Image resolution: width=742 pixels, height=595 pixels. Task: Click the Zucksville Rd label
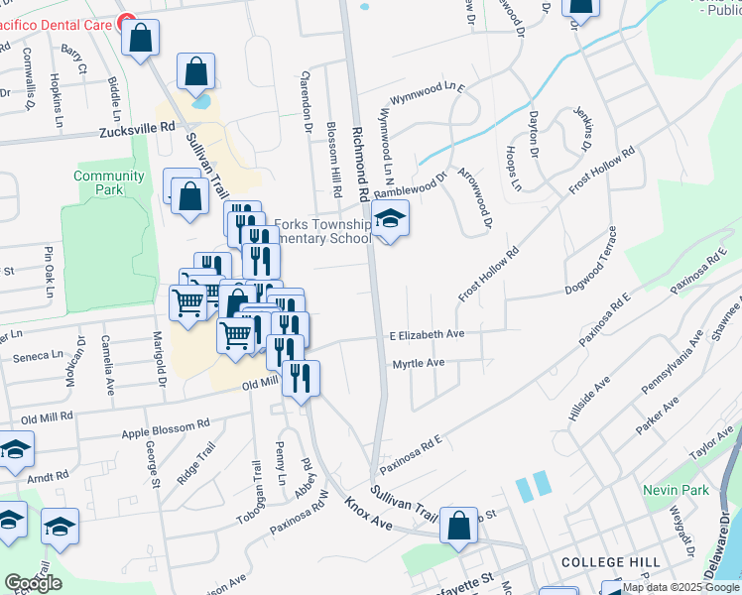pyautogui.click(x=137, y=129)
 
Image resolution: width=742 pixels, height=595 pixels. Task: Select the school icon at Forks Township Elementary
pyautogui.click(x=391, y=221)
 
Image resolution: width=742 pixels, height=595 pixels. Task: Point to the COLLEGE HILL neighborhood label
pyautogui.click(x=610, y=562)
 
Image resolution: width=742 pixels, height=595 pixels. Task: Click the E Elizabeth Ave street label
pyautogui.click(x=427, y=335)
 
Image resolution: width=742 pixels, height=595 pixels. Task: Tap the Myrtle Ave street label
pyautogui.click(x=418, y=364)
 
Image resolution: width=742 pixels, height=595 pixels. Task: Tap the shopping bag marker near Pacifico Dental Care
pyautogui.click(x=142, y=39)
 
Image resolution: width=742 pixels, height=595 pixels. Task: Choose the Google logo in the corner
pyautogui.click(x=33, y=583)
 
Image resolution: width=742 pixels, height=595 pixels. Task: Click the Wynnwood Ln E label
pyautogui.click(x=428, y=94)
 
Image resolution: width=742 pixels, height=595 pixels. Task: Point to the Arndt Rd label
pyautogui.click(x=50, y=477)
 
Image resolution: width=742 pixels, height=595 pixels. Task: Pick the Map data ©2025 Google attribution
pyautogui.click(x=681, y=587)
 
